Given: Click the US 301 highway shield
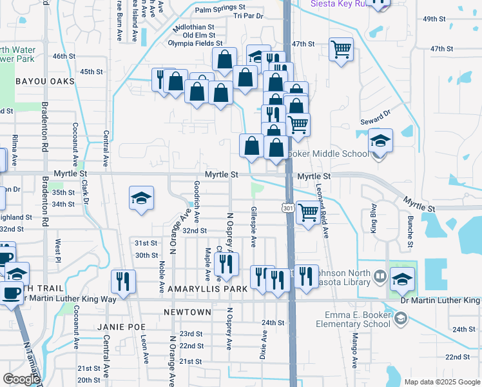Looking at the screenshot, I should (x=288, y=208).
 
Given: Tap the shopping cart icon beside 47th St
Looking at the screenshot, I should (x=341, y=49).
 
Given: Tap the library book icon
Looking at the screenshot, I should (x=380, y=278).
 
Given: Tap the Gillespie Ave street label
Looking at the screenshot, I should (x=254, y=228).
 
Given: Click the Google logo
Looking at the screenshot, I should (x=21, y=379).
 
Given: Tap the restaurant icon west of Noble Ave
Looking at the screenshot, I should (x=122, y=281).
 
